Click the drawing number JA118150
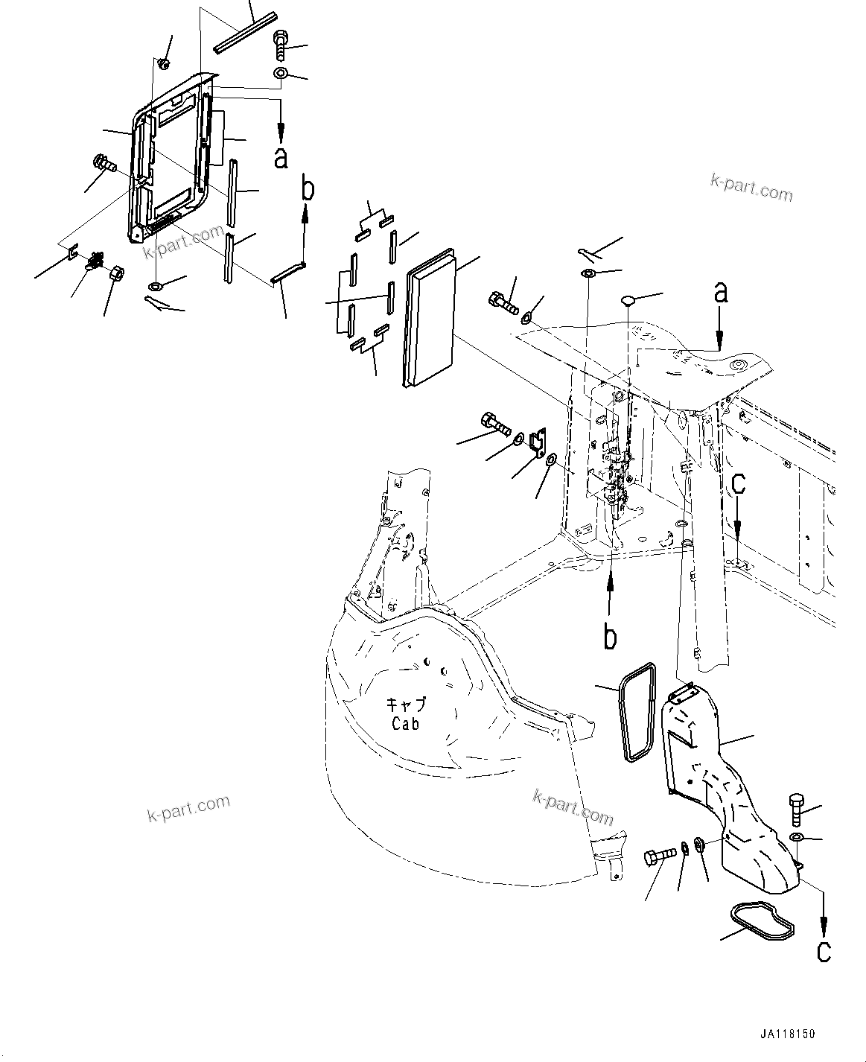788,1034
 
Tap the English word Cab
405,723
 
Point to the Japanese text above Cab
405,705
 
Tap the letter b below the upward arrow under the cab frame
610,637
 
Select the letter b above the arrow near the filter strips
307,189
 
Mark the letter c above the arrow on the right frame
737,484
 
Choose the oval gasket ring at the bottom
760,918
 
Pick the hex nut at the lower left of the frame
115,274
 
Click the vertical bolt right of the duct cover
795,809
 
